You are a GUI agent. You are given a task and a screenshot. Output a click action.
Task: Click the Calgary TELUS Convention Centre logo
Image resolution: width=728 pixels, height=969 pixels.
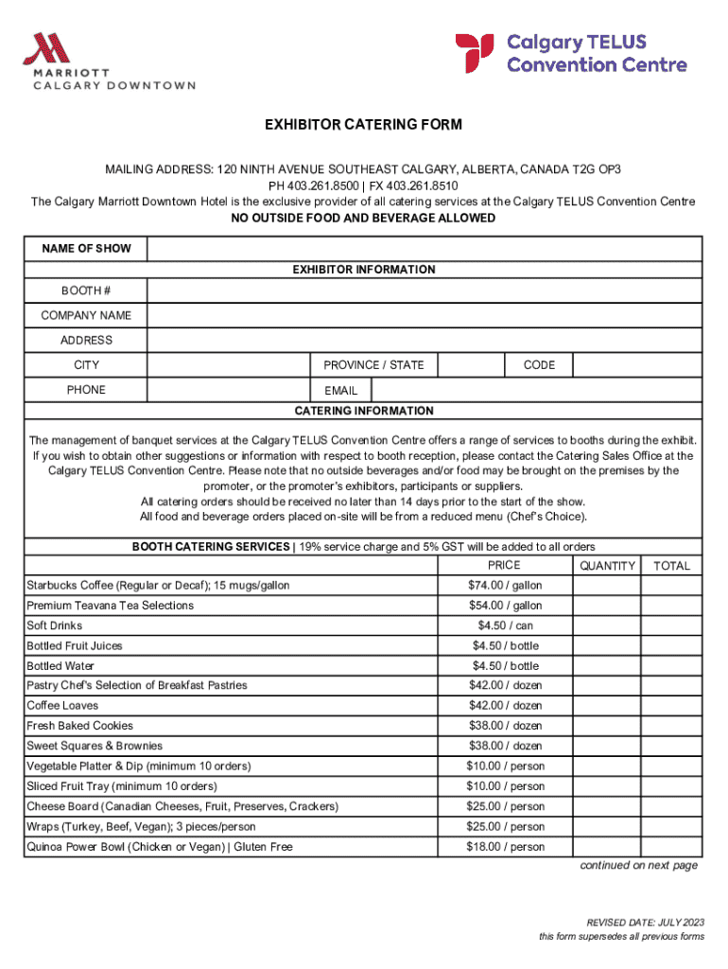[x=571, y=54]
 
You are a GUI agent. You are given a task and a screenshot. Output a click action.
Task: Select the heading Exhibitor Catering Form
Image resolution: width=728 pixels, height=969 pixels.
[x=364, y=125]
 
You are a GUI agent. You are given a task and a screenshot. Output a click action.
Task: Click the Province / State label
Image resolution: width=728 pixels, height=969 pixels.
[x=373, y=365]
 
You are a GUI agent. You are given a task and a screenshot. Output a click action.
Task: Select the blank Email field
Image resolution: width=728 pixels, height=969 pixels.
[x=536, y=390]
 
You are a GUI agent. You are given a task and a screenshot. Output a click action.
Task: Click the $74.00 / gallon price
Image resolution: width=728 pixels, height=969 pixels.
[x=505, y=586]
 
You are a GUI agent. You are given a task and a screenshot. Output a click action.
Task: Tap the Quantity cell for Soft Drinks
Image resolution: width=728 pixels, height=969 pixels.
[x=606, y=625]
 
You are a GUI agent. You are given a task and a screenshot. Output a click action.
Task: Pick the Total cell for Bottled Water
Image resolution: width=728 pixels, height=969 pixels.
[x=671, y=666]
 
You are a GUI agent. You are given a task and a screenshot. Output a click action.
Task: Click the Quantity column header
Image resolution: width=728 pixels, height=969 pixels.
[x=607, y=566]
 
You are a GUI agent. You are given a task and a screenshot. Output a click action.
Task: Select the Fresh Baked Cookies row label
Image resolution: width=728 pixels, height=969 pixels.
[x=80, y=726]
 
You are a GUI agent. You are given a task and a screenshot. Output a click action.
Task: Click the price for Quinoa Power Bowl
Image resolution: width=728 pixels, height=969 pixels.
[x=505, y=847]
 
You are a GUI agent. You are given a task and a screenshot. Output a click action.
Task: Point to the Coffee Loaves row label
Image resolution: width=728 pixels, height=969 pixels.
[x=62, y=706]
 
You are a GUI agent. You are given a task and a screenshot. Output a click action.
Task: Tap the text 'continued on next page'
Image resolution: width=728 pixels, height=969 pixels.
[x=638, y=866]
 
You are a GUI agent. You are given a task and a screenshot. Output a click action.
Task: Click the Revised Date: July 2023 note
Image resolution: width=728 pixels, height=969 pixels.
[x=645, y=923]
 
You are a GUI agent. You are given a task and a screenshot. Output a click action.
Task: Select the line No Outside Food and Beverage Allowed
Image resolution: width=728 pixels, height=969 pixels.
[x=364, y=219]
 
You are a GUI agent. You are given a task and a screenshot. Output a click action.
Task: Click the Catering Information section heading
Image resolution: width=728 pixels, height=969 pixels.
[x=364, y=411]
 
